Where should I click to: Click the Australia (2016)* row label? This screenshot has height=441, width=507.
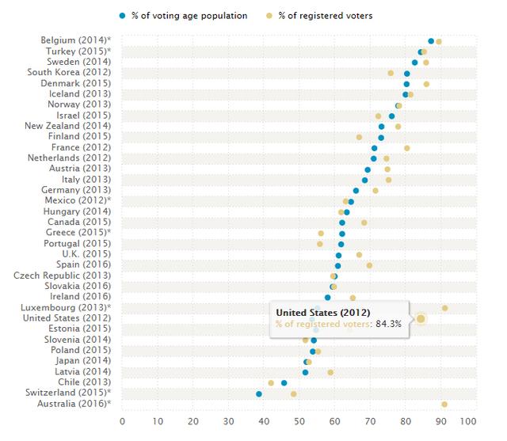(x=74, y=404)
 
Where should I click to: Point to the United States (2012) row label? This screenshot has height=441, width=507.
(x=67, y=318)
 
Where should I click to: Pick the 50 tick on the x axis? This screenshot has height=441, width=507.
(x=300, y=420)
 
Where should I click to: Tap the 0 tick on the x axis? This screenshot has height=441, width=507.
(x=122, y=420)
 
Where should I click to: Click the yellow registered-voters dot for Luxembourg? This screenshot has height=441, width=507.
(x=444, y=308)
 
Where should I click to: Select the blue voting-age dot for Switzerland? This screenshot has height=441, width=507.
(x=258, y=393)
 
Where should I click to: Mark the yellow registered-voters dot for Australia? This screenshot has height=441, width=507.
(x=444, y=405)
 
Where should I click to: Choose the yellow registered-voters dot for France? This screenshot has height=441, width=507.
(x=407, y=148)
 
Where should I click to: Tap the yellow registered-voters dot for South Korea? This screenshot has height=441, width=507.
(x=391, y=73)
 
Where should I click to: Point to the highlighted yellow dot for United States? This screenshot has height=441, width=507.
(x=421, y=319)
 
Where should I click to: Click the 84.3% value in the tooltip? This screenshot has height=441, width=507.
(x=388, y=324)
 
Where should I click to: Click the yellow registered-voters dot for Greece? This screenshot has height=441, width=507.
(x=321, y=234)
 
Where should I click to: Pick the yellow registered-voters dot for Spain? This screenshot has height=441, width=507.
(x=369, y=265)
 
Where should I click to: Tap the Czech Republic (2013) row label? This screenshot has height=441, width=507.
(x=63, y=276)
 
